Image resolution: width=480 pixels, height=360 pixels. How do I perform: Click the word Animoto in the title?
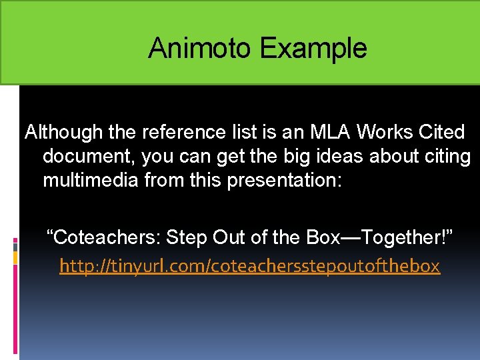[200, 48]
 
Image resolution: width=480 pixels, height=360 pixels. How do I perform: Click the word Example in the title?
[313, 48]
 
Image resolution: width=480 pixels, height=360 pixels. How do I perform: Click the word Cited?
[439, 132]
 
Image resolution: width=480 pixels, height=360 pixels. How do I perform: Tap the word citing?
[446, 156]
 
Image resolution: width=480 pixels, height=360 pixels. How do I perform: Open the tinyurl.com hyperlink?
[249, 266]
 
